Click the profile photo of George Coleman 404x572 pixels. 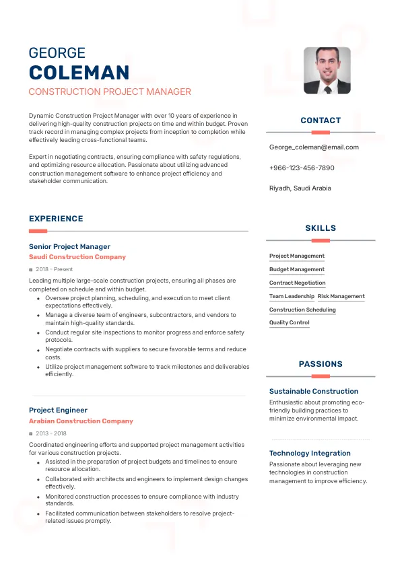[327, 70]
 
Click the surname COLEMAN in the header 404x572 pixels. [79, 73]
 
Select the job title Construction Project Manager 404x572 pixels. [110, 92]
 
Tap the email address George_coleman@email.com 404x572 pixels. [314, 147]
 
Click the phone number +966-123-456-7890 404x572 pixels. [302, 168]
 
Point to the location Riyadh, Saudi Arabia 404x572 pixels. [300, 188]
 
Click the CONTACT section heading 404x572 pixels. [321, 120]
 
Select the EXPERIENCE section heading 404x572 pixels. [56, 219]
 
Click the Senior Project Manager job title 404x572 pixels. [69, 247]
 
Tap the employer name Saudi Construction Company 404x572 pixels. [77, 257]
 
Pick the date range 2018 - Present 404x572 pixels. [54, 269]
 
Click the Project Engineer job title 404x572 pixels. [58, 410]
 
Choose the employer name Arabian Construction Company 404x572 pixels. [81, 421]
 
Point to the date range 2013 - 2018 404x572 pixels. [50, 433]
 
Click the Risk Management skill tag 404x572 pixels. [341, 296]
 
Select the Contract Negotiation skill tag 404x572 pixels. [297, 283]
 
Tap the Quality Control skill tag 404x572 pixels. [290, 322]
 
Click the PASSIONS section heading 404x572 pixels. [321, 364]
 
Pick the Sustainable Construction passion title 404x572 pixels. [314, 391]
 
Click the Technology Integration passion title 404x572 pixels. [310, 453]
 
